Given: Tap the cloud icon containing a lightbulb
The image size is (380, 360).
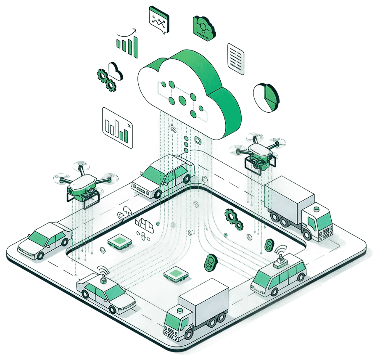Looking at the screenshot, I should (x=204, y=27).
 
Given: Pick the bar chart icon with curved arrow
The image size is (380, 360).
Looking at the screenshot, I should (x=127, y=44).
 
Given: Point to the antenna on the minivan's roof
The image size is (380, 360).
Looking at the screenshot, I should (x=280, y=257).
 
